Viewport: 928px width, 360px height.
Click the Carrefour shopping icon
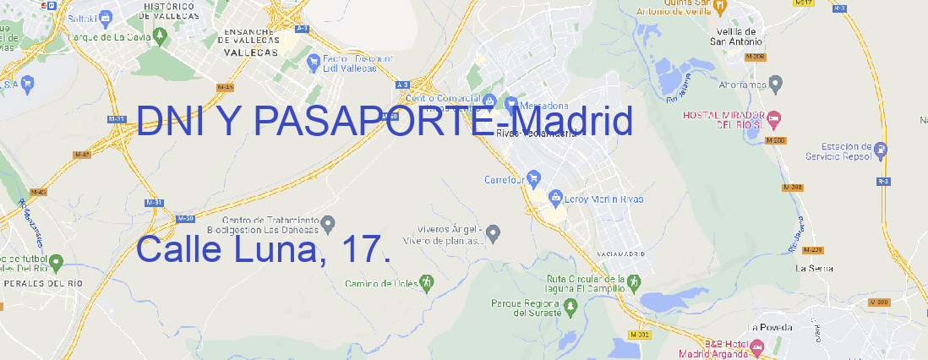point(535,178)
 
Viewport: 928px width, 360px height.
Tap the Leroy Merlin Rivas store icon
point(555,199)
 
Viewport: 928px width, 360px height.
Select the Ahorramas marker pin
point(776,83)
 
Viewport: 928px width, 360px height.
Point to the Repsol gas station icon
point(882,151)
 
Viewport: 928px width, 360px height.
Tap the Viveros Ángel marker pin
point(495,232)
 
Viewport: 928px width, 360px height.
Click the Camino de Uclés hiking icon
point(428,282)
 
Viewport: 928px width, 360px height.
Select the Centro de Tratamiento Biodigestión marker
point(328,222)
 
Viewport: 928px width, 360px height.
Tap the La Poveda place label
point(771,326)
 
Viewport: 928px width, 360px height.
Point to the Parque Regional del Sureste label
point(526,308)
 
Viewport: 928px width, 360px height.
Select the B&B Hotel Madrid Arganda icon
point(756,347)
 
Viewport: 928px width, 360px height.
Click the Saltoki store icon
point(106,16)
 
